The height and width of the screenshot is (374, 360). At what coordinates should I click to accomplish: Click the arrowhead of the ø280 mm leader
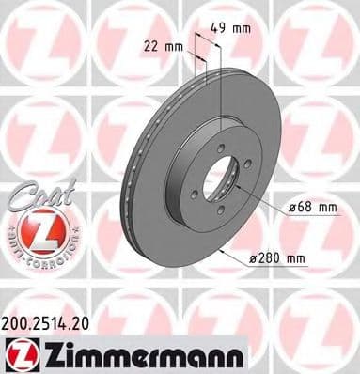pyautogui.click(x=219, y=252)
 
